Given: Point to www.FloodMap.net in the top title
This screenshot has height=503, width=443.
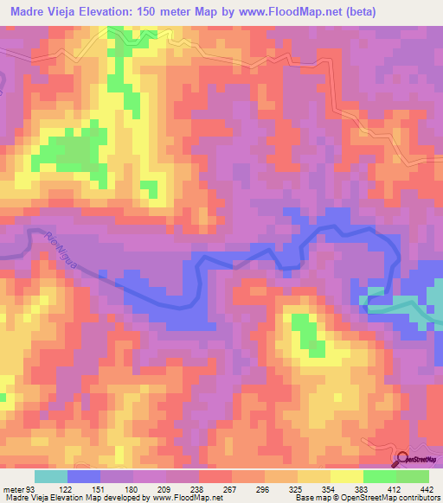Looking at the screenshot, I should pyautogui.click(x=286, y=13).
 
